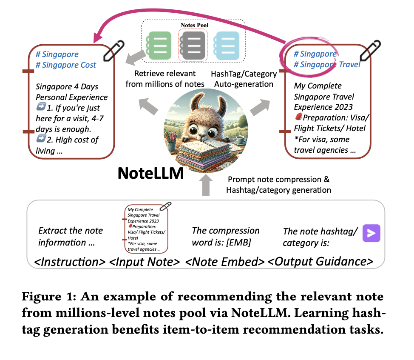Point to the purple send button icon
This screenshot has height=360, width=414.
371,233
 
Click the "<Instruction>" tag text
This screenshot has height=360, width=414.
70,261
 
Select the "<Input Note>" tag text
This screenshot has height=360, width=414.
145,261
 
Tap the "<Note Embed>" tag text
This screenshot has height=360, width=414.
225,261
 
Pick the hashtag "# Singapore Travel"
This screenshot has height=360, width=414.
327,64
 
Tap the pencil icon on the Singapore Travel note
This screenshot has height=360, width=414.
371,51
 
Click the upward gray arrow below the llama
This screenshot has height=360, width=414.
206,186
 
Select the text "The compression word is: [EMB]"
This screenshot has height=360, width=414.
226,237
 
